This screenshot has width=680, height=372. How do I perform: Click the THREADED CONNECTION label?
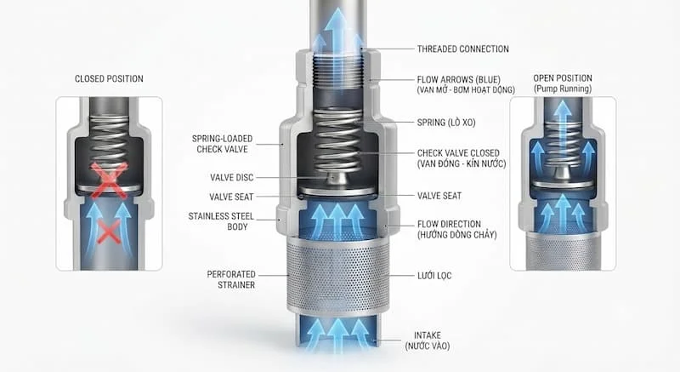[x=462, y=49]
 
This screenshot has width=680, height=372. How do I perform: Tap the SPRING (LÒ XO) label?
[x=446, y=123]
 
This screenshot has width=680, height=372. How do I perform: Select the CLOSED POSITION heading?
[x=109, y=78]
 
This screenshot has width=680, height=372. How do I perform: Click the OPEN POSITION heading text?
[x=563, y=78]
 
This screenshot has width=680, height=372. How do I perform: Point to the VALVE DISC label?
[x=231, y=178]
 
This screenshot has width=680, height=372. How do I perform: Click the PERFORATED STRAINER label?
[x=231, y=279]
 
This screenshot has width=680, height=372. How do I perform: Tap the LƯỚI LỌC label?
[x=434, y=276]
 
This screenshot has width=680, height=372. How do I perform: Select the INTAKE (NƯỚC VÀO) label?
[x=428, y=341]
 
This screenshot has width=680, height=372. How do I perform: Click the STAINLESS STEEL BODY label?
[x=221, y=221]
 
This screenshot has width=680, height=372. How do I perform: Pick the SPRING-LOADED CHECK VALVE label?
[x=222, y=144]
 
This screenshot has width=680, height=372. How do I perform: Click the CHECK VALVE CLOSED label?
[x=462, y=158]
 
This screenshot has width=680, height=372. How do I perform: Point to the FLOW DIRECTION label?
[x=457, y=230]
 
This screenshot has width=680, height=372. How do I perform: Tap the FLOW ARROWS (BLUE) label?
[x=466, y=84]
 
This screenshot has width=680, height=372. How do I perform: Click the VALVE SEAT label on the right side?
[x=439, y=196]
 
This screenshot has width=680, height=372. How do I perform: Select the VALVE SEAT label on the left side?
[x=231, y=197]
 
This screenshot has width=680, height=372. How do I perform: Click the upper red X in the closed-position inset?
[x=109, y=180]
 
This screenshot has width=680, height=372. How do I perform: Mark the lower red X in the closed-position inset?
[x=109, y=231]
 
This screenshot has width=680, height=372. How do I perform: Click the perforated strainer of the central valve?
[x=337, y=275]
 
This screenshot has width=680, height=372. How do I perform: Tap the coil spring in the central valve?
[x=337, y=140]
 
